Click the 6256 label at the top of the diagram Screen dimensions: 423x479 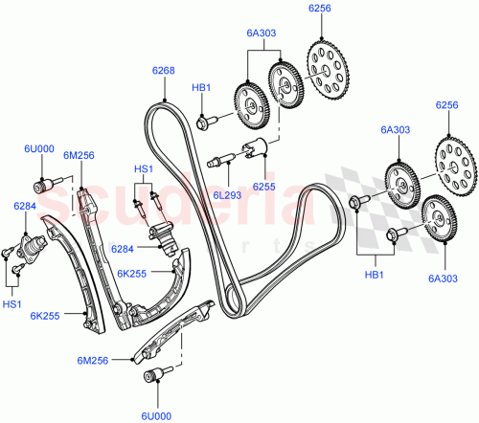[320, 9]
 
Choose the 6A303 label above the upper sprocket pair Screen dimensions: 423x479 [261, 33]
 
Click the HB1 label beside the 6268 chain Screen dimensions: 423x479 [201, 89]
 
